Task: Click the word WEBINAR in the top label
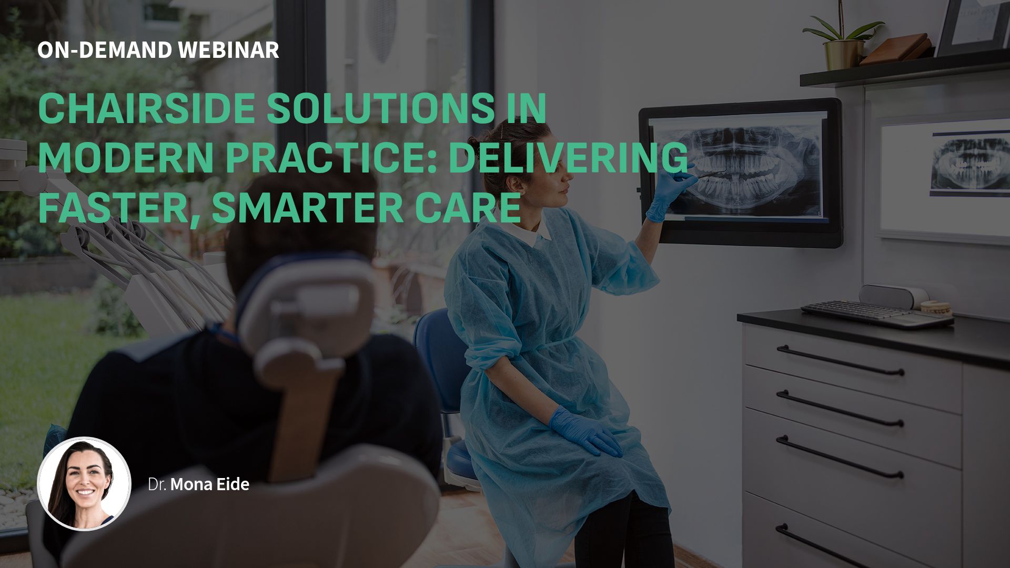click(229, 50)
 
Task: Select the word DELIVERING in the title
click(568, 157)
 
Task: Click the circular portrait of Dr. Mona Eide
click(84, 484)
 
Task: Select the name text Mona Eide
click(209, 484)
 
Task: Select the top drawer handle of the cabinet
click(840, 360)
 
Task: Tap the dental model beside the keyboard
click(936, 308)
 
